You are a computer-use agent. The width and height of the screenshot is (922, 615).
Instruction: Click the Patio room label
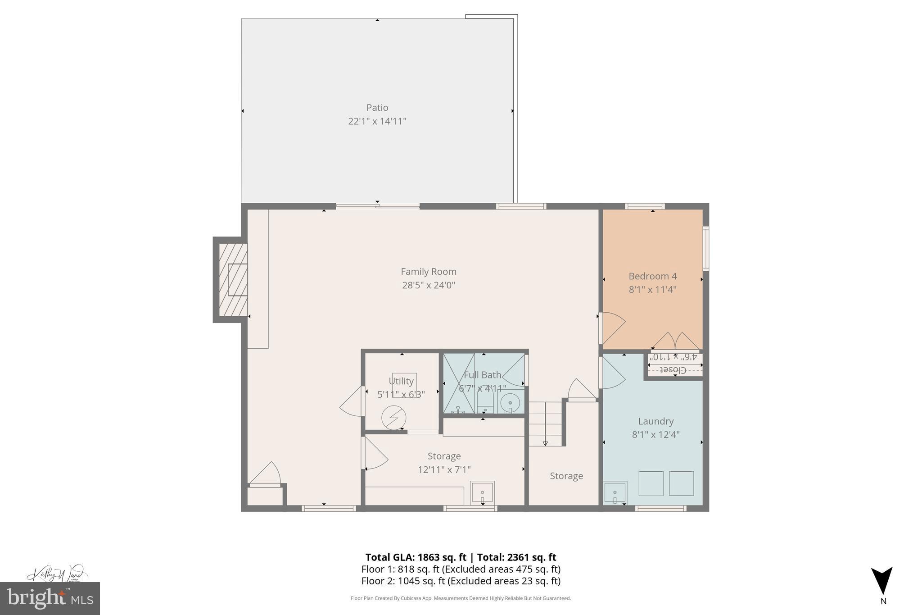click(x=377, y=108)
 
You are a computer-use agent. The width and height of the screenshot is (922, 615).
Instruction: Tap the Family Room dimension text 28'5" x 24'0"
click(x=428, y=285)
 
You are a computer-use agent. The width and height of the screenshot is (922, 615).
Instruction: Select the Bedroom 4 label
click(x=652, y=276)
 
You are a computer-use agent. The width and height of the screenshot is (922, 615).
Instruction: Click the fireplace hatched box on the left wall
click(x=233, y=280)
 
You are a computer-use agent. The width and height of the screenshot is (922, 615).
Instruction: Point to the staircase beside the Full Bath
click(x=545, y=424)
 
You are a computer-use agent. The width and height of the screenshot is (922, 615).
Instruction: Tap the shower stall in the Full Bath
click(x=459, y=383)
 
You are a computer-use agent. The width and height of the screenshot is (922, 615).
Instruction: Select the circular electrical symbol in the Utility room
click(x=393, y=418)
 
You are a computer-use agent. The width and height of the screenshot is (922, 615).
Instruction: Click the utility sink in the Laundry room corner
click(x=615, y=492)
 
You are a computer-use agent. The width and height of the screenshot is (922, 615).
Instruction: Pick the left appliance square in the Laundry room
click(x=651, y=483)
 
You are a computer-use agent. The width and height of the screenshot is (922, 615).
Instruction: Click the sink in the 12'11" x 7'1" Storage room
click(x=482, y=492)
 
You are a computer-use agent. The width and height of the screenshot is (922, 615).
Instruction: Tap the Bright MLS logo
click(x=50, y=598)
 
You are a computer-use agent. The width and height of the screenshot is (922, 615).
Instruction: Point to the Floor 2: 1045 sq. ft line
click(x=461, y=581)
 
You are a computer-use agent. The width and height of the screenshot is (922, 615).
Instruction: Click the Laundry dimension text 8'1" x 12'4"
click(x=655, y=435)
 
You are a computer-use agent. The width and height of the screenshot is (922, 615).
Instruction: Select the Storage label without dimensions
click(x=566, y=476)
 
